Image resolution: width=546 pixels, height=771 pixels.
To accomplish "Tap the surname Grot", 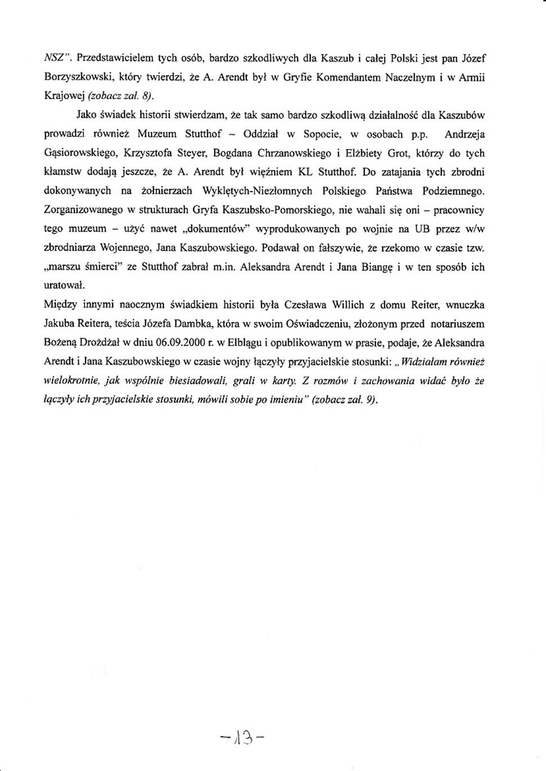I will click(x=399, y=153).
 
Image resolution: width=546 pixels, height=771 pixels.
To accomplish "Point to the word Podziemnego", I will click(x=453, y=191).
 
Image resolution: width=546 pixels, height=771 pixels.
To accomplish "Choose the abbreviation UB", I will click(x=422, y=229).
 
